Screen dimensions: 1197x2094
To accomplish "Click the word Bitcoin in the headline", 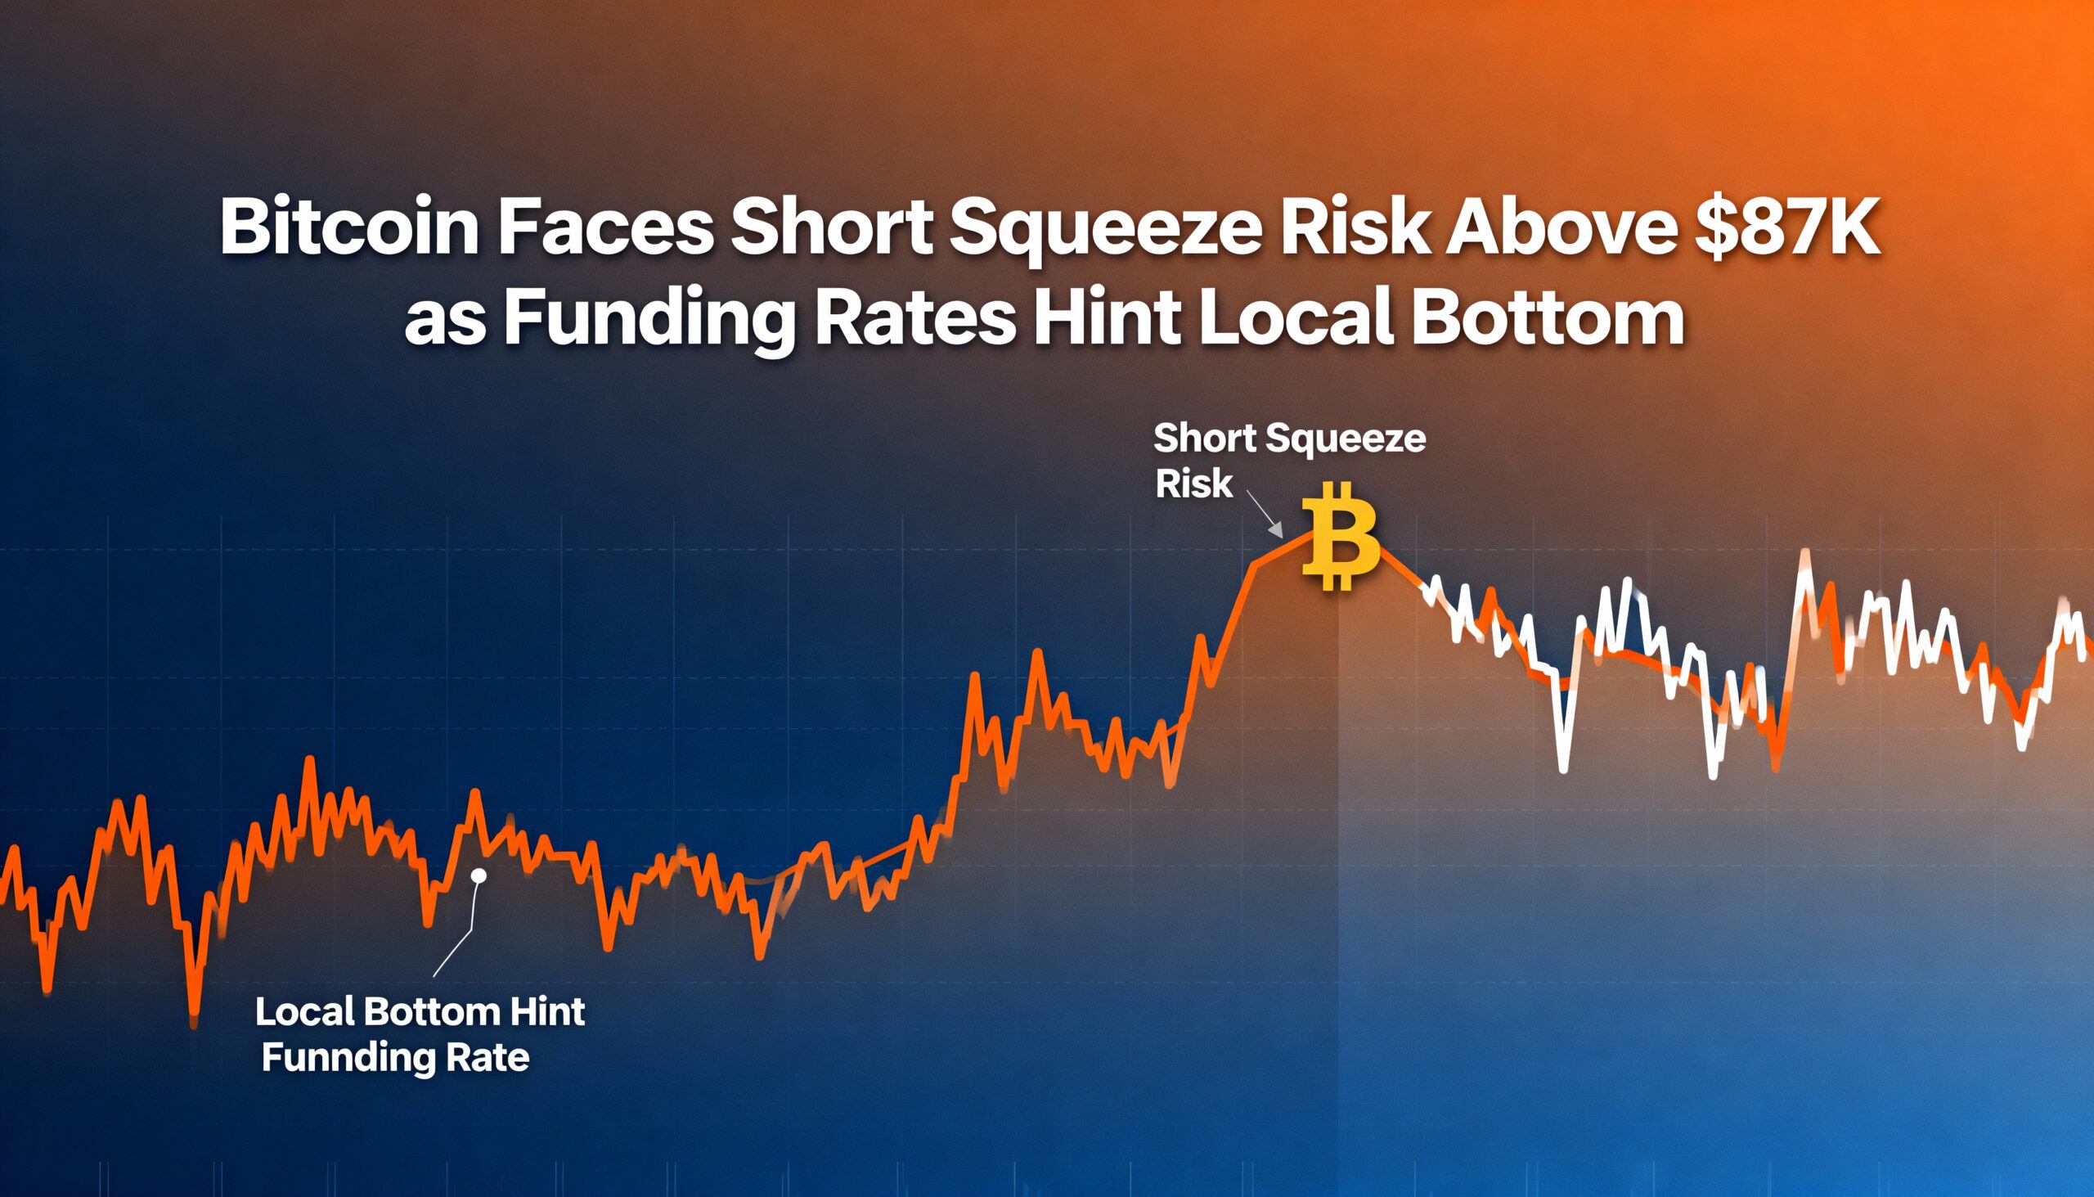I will click(x=348, y=227).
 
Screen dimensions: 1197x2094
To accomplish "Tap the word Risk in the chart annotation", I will click(x=1193, y=484).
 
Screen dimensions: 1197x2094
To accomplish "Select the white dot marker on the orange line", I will click(x=480, y=875).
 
